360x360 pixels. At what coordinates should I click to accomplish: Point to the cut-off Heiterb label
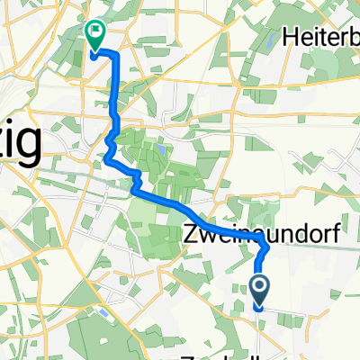321,37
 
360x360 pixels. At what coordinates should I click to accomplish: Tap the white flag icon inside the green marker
94,31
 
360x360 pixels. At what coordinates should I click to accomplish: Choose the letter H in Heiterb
291,37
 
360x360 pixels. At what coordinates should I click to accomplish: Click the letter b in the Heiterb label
351,37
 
